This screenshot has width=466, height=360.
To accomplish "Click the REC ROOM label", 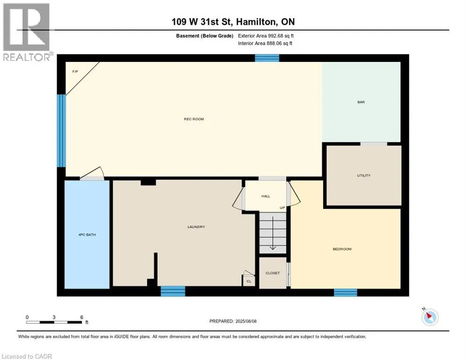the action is pos(194,119).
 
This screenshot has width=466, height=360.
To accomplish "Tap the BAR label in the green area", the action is pos(361,102).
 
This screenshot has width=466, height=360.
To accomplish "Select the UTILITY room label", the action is pos(364,175).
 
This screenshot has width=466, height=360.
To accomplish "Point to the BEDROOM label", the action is pos(342,249).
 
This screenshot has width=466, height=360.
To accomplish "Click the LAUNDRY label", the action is pos(196,227).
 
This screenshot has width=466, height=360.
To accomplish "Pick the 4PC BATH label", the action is pos(87,234).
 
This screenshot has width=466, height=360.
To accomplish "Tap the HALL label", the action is pos(266,196).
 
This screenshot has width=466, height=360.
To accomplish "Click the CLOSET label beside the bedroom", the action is pos(272,273).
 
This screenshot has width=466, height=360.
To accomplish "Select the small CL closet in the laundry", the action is pos(249,281).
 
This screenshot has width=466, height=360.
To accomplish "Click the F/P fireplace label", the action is pos(75,72).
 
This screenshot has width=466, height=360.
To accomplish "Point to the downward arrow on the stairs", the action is pos(273,233).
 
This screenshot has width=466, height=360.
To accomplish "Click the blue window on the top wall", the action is pos(267,58).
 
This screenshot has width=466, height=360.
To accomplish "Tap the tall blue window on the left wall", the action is pos(61,131).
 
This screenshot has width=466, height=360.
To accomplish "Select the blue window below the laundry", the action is pos(173,291).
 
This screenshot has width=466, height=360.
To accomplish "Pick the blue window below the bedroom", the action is pos(346,292).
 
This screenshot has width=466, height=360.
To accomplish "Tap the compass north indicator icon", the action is pos(430,317).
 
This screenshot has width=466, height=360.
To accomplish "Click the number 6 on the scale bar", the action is pos(82,317).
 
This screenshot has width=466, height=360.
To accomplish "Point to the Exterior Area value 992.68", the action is pos(276,36).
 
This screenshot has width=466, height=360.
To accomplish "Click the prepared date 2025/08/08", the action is pos(246,321).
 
